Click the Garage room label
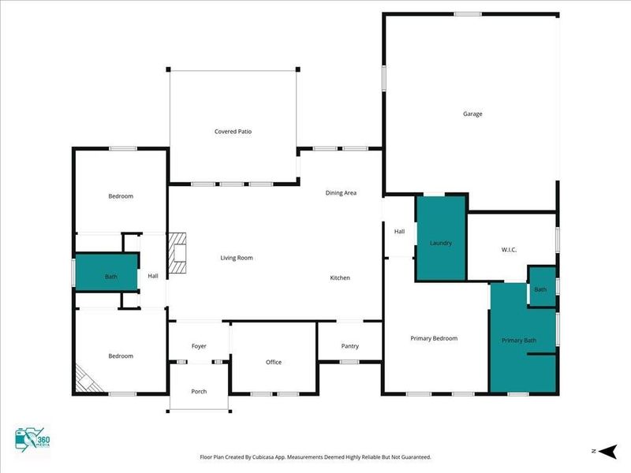tap(472, 114)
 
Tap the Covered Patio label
tap(233, 132)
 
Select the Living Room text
tap(236, 258)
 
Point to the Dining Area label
tap(341, 192)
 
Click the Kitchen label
tap(340, 277)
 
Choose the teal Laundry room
tap(440, 239)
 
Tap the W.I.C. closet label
tap(508, 250)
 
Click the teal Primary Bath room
tap(518, 340)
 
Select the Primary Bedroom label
tap(434, 338)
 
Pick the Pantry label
tap(350, 346)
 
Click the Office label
tap(274, 362)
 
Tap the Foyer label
tap(199, 346)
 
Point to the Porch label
tap(199, 391)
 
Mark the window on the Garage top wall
tap(468, 13)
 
